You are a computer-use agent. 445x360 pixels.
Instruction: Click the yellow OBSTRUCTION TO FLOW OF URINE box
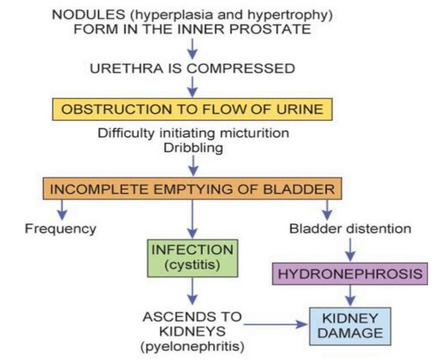tap(192, 109)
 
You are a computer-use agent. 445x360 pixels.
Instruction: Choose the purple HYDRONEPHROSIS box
tap(350, 274)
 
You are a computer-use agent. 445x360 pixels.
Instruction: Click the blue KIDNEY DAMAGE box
tap(350, 326)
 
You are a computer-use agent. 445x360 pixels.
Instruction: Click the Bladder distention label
tap(350, 229)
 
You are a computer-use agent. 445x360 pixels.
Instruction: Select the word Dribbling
tap(192, 148)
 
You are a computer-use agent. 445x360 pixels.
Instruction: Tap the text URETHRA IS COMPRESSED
tap(192, 68)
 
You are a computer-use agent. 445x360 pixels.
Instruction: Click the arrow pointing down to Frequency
tap(62, 210)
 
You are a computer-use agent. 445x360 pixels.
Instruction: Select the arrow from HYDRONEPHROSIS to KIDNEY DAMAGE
tap(350, 297)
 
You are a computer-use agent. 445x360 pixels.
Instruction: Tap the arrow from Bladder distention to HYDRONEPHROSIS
tap(350, 249)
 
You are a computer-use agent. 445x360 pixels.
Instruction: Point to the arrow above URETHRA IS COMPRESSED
tap(192, 48)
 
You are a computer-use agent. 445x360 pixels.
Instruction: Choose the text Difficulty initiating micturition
tap(192, 133)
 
